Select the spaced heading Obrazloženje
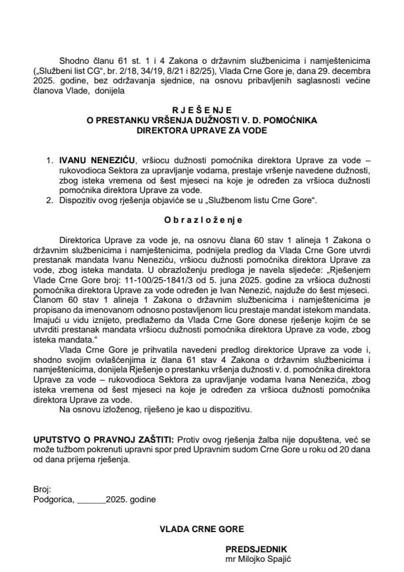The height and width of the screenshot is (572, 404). coord(202,219)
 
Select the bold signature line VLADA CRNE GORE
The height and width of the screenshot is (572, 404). coord(202,529)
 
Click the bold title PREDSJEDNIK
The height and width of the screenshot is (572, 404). coord(256,549)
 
